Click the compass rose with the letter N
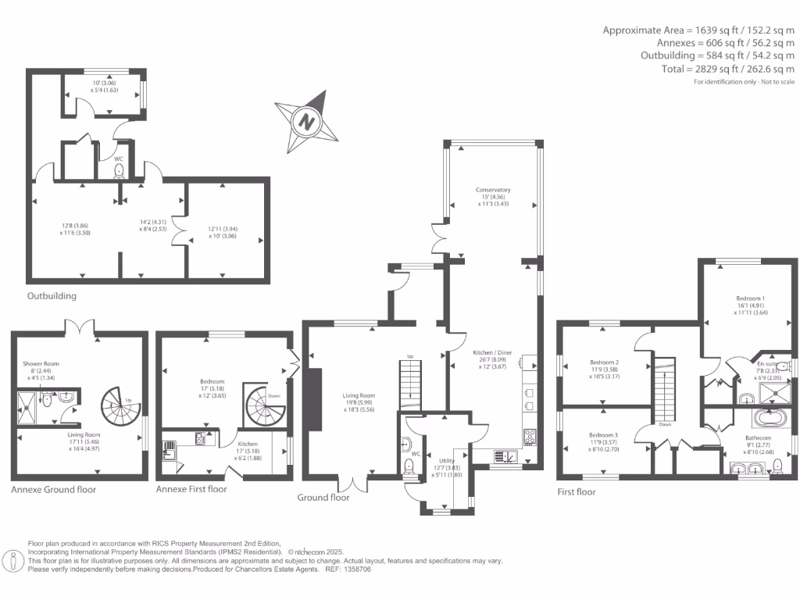308,122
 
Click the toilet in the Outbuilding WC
119,172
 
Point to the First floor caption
576,492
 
